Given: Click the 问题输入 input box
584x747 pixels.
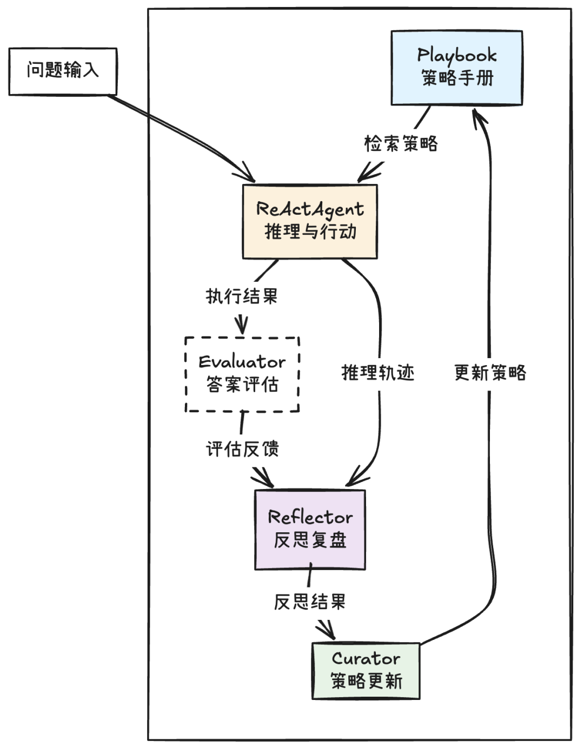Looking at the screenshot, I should point(63,71).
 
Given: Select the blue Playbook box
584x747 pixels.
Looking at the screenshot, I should point(456,68).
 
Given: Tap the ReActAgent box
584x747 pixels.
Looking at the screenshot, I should point(309,221).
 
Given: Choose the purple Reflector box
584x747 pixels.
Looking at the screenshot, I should point(310,530).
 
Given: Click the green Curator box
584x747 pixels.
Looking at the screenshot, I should point(366,671).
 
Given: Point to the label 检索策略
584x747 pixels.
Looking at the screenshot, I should point(401,144).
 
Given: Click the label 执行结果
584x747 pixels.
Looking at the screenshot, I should point(242,296).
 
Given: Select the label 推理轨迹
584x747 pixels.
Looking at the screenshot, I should point(378,373).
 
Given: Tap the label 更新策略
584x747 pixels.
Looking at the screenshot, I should point(490,373).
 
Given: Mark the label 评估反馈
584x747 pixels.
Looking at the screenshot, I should point(242,449).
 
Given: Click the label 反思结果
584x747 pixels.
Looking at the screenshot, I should point(309,602).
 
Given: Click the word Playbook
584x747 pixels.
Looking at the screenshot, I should point(456,55).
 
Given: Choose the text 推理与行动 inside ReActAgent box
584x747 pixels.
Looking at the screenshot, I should point(310,232).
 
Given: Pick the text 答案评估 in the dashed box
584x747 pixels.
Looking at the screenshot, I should point(242,385).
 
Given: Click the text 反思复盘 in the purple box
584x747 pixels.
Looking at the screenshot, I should point(310,540).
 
